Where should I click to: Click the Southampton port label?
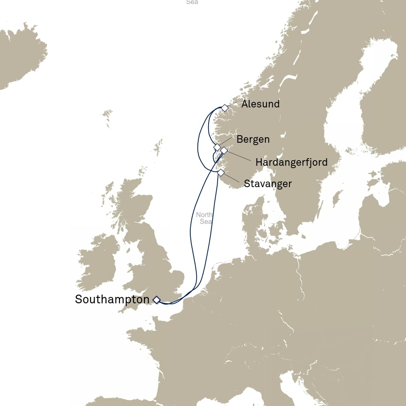coord(112,299)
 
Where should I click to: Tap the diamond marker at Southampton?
coord(157,300)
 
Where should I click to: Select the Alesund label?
coord(260,104)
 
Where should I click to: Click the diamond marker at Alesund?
coord(225,108)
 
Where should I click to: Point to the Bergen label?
coord(253,140)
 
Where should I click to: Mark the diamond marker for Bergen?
coord(217,147)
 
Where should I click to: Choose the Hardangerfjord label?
coord(291,162)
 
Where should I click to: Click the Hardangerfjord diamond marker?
coord(224,150)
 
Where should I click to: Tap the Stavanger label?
coord(268,184)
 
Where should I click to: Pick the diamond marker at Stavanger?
coord(221,172)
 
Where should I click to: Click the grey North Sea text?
coord(205,218)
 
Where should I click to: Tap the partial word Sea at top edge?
coord(192,2)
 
